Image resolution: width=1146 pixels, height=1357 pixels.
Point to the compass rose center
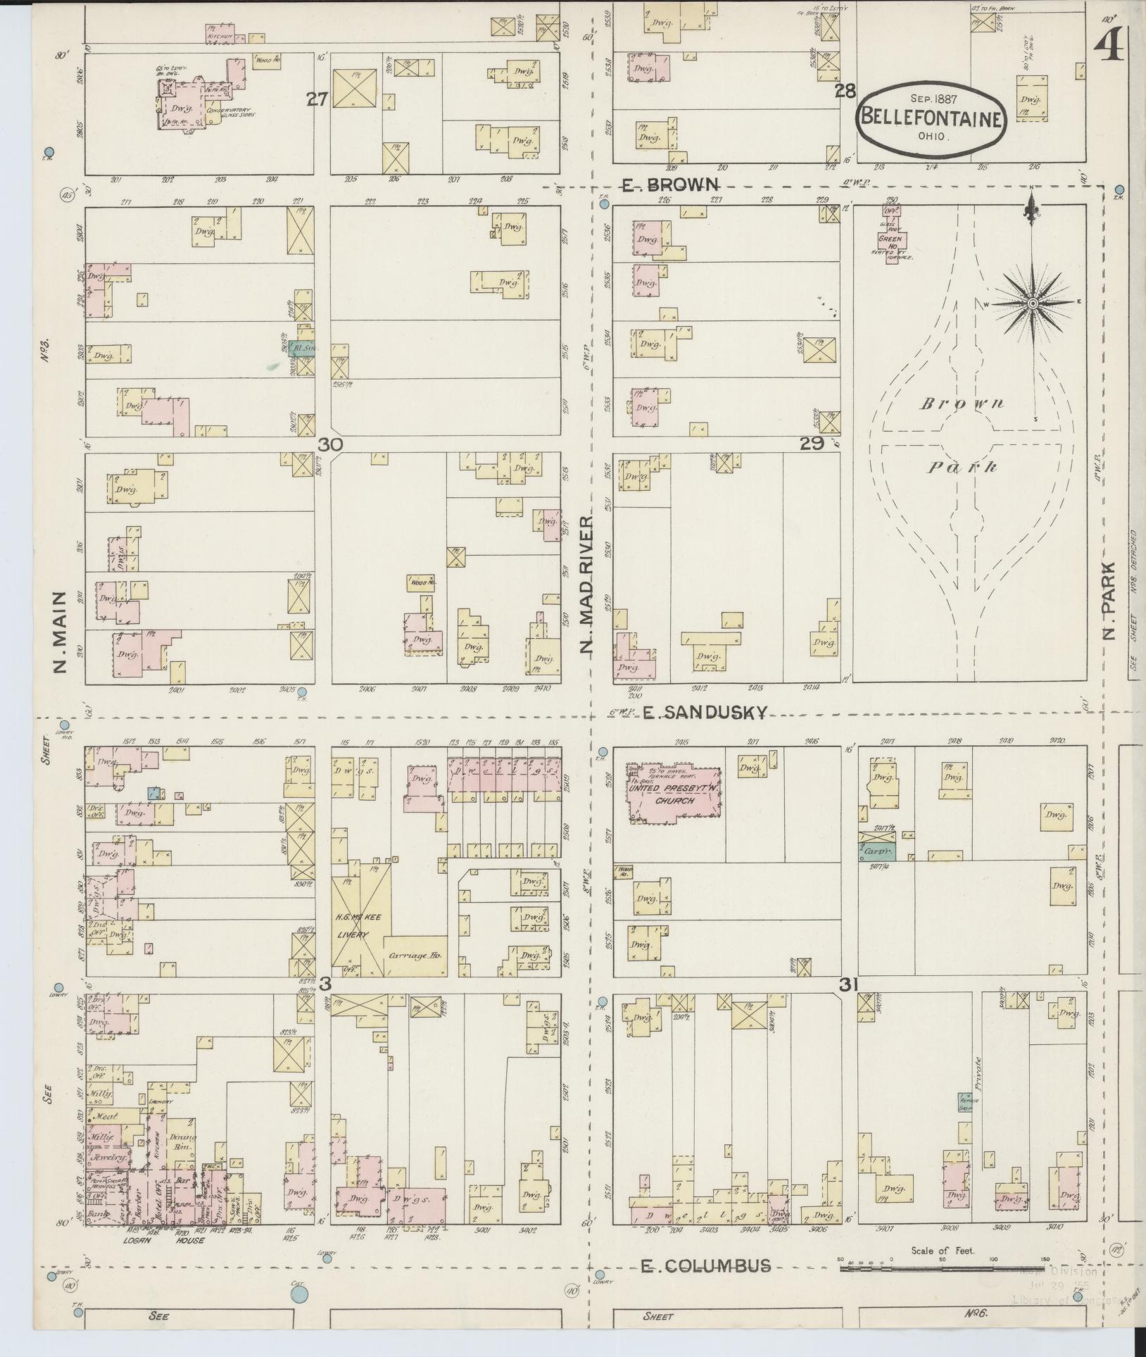pyautogui.click(x=1032, y=303)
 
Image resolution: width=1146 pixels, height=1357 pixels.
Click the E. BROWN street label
pyautogui.click(x=670, y=185)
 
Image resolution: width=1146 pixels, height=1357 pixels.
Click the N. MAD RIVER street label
pyautogui.click(x=588, y=584)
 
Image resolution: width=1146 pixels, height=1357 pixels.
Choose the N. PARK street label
pyautogui.click(x=1109, y=600)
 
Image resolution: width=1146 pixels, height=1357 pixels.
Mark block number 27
pyautogui.click(x=317, y=100)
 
